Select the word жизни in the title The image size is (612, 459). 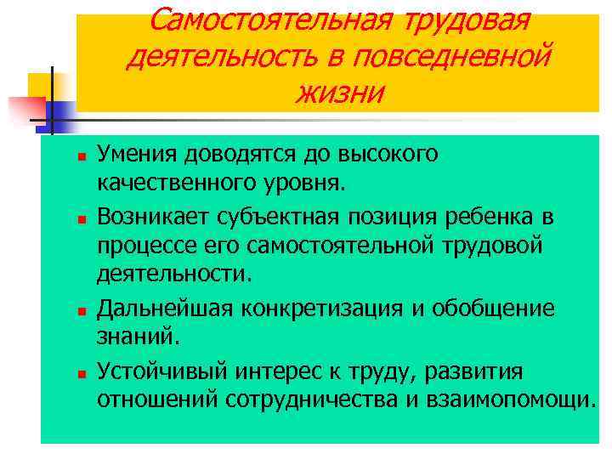point(339,92)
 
